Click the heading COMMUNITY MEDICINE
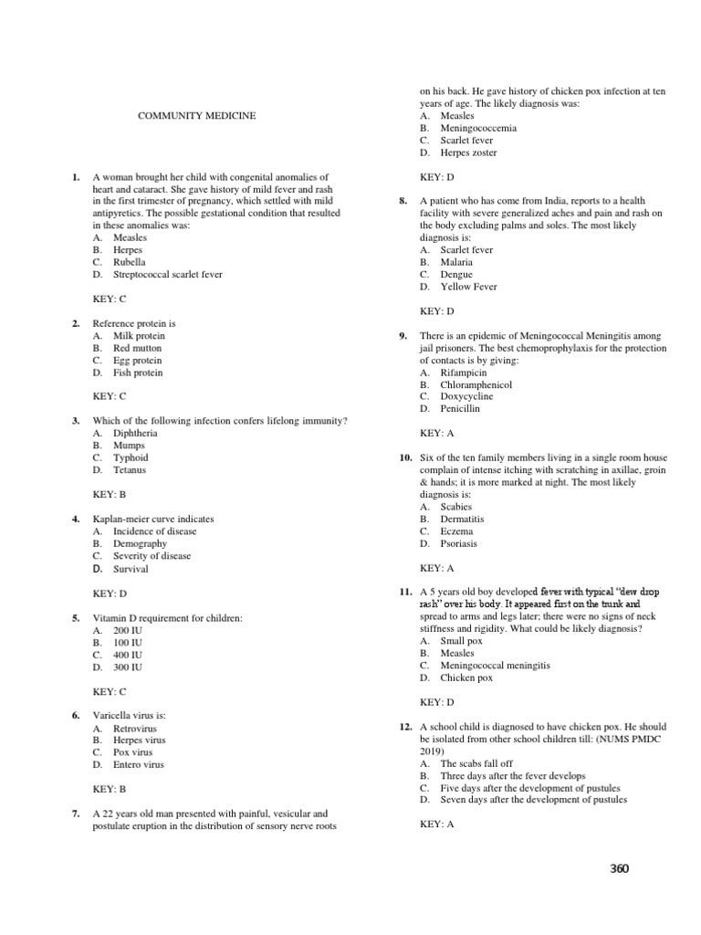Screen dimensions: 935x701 [x=196, y=116]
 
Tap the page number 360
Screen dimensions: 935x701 [x=620, y=868]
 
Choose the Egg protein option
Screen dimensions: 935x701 [x=138, y=360]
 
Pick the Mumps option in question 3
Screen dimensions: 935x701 [x=129, y=445]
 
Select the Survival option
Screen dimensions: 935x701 [x=131, y=569]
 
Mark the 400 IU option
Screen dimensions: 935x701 [x=128, y=655]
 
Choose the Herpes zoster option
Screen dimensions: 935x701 [x=468, y=152]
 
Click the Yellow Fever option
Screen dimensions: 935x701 [x=468, y=287]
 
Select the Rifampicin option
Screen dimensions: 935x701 [x=464, y=373]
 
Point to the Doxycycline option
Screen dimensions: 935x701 [x=466, y=396]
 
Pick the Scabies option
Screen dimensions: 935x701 [x=456, y=507]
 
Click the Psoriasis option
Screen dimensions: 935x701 [x=458, y=543]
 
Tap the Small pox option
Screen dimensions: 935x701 [x=460, y=641]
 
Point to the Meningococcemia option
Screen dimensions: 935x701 [x=478, y=128]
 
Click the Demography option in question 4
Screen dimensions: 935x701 [x=140, y=543]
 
